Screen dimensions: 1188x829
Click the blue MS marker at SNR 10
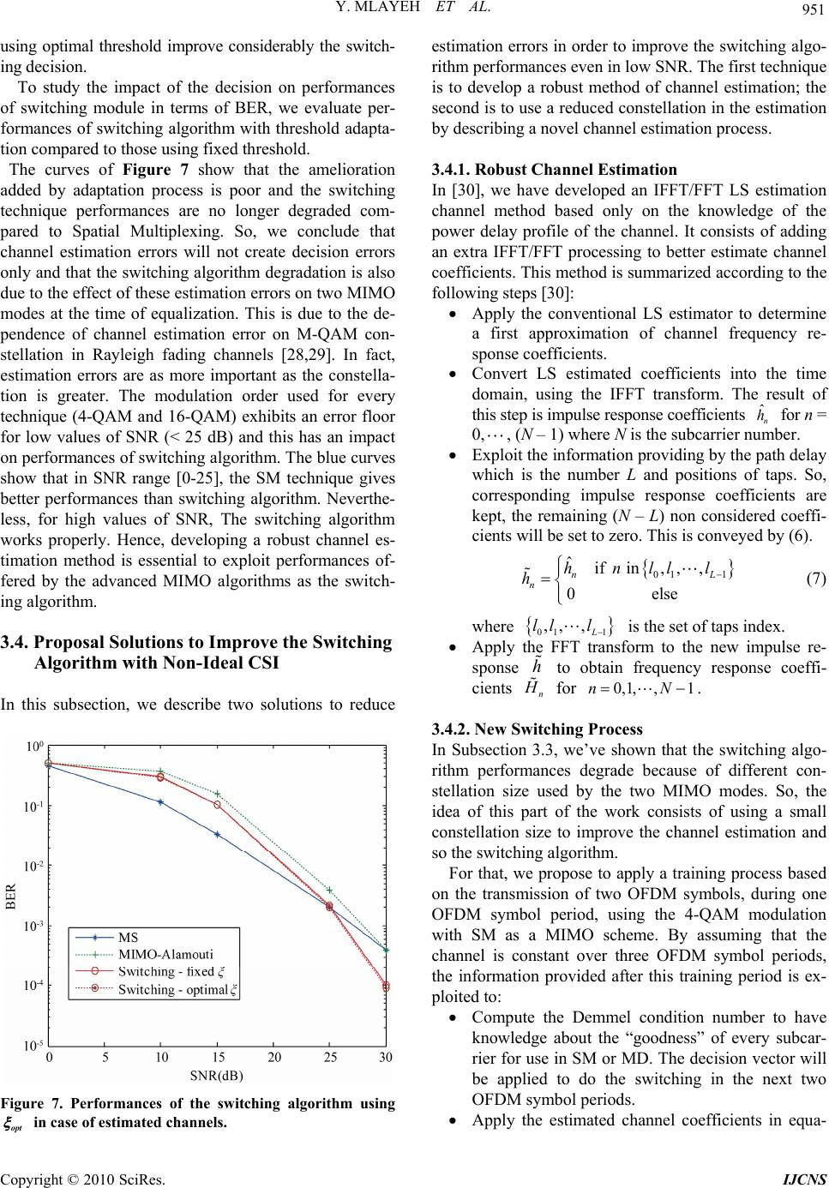161,802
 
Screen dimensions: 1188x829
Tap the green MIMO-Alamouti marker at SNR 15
218,794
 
